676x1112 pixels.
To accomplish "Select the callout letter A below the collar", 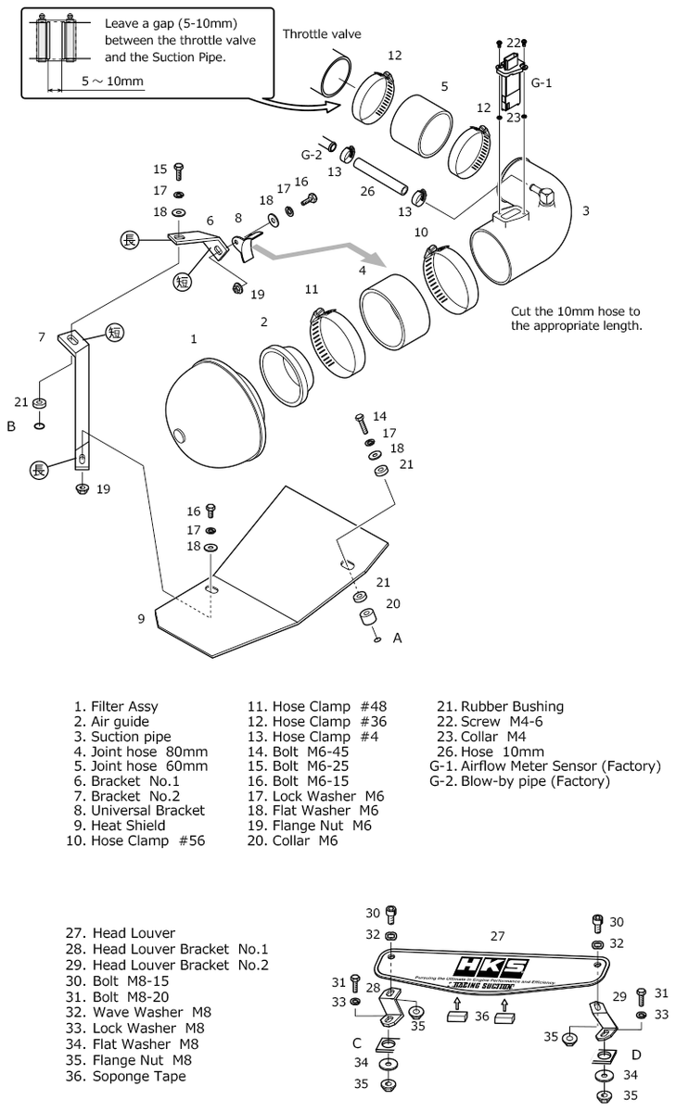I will pyautogui.click(x=398, y=638).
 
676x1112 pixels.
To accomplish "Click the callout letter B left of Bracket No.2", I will pyautogui.click(x=11, y=426).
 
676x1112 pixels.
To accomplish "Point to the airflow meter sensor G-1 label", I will pyautogui.click(x=542, y=82).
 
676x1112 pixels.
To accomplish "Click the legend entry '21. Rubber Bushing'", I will pyautogui.click(x=500, y=706).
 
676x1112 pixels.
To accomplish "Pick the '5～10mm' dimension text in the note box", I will pyautogui.click(x=112, y=82).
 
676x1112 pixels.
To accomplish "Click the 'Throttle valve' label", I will pyautogui.click(x=322, y=34).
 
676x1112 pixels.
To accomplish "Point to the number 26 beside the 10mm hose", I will pyautogui.click(x=367, y=192).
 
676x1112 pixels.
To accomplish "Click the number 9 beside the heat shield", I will pyautogui.click(x=141, y=618).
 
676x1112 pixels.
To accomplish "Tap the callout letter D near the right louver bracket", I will pyautogui.click(x=636, y=1055).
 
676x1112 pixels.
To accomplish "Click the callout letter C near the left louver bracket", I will pyautogui.click(x=356, y=1042).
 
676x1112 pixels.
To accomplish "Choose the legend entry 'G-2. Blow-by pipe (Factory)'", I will pyautogui.click(x=519, y=781).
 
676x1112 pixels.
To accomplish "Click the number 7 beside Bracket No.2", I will pyautogui.click(x=42, y=336).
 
